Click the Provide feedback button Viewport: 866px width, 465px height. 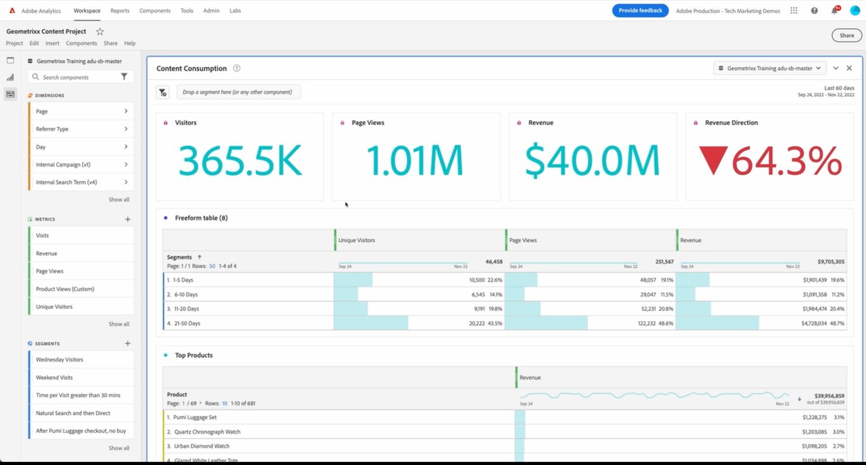pyautogui.click(x=640, y=10)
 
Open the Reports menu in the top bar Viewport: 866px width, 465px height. pyautogui.click(x=120, y=11)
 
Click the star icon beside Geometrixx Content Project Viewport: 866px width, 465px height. pyautogui.click(x=100, y=31)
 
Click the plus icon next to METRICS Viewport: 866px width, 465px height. pyautogui.click(x=127, y=219)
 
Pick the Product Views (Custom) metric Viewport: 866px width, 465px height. pyautogui.click(x=65, y=289)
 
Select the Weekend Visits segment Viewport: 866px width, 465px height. pyautogui.click(x=55, y=378)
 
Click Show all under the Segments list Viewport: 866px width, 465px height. pyautogui.click(x=119, y=448)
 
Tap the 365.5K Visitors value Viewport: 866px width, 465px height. pyautogui.click(x=240, y=161)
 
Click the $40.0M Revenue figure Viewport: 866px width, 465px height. pyautogui.click(x=592, y=161)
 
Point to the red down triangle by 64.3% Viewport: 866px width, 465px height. pyautogui.click(x=713, y=160)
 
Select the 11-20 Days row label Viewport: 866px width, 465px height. pyautogui.click(x=186, y=309)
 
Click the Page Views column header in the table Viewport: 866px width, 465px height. pyautogui.click(x=524, y=241)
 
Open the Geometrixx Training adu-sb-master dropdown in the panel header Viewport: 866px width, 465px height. pyautogui.click(x=769, y=68)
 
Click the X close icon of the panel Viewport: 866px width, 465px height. pyautogui.click(x=849, y=68)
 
